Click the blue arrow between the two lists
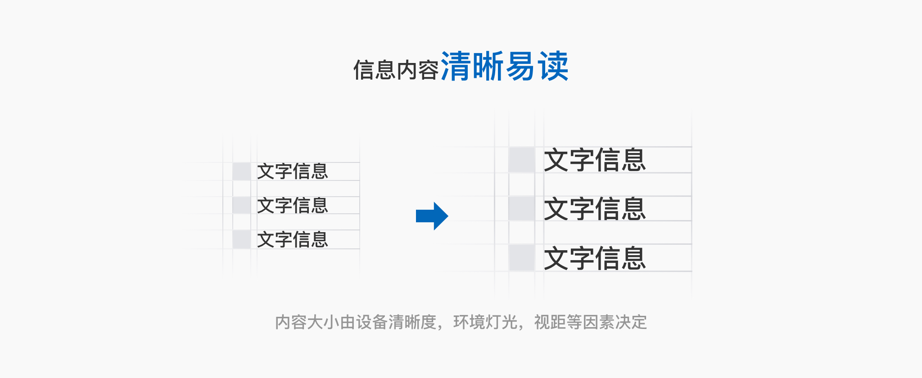point(432,216)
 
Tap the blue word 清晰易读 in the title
point(504,67)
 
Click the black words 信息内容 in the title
point(396,70)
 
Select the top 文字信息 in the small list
point(293,171)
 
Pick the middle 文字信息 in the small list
point(293,206)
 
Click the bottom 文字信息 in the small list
point(293,239)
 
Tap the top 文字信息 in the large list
point(595,160)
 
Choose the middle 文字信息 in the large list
point(595,209)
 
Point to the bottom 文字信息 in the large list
point(595,258)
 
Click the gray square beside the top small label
point(242,171)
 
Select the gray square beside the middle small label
point(242,205)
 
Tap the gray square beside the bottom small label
point(242,239)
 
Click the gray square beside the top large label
point(522,160)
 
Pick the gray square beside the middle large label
point(522,208)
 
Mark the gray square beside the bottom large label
point(522,258)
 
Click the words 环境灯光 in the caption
point(485,322)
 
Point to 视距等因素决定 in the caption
point(590,322)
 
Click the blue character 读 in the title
point(553,67)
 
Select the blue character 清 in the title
point(456,67)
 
